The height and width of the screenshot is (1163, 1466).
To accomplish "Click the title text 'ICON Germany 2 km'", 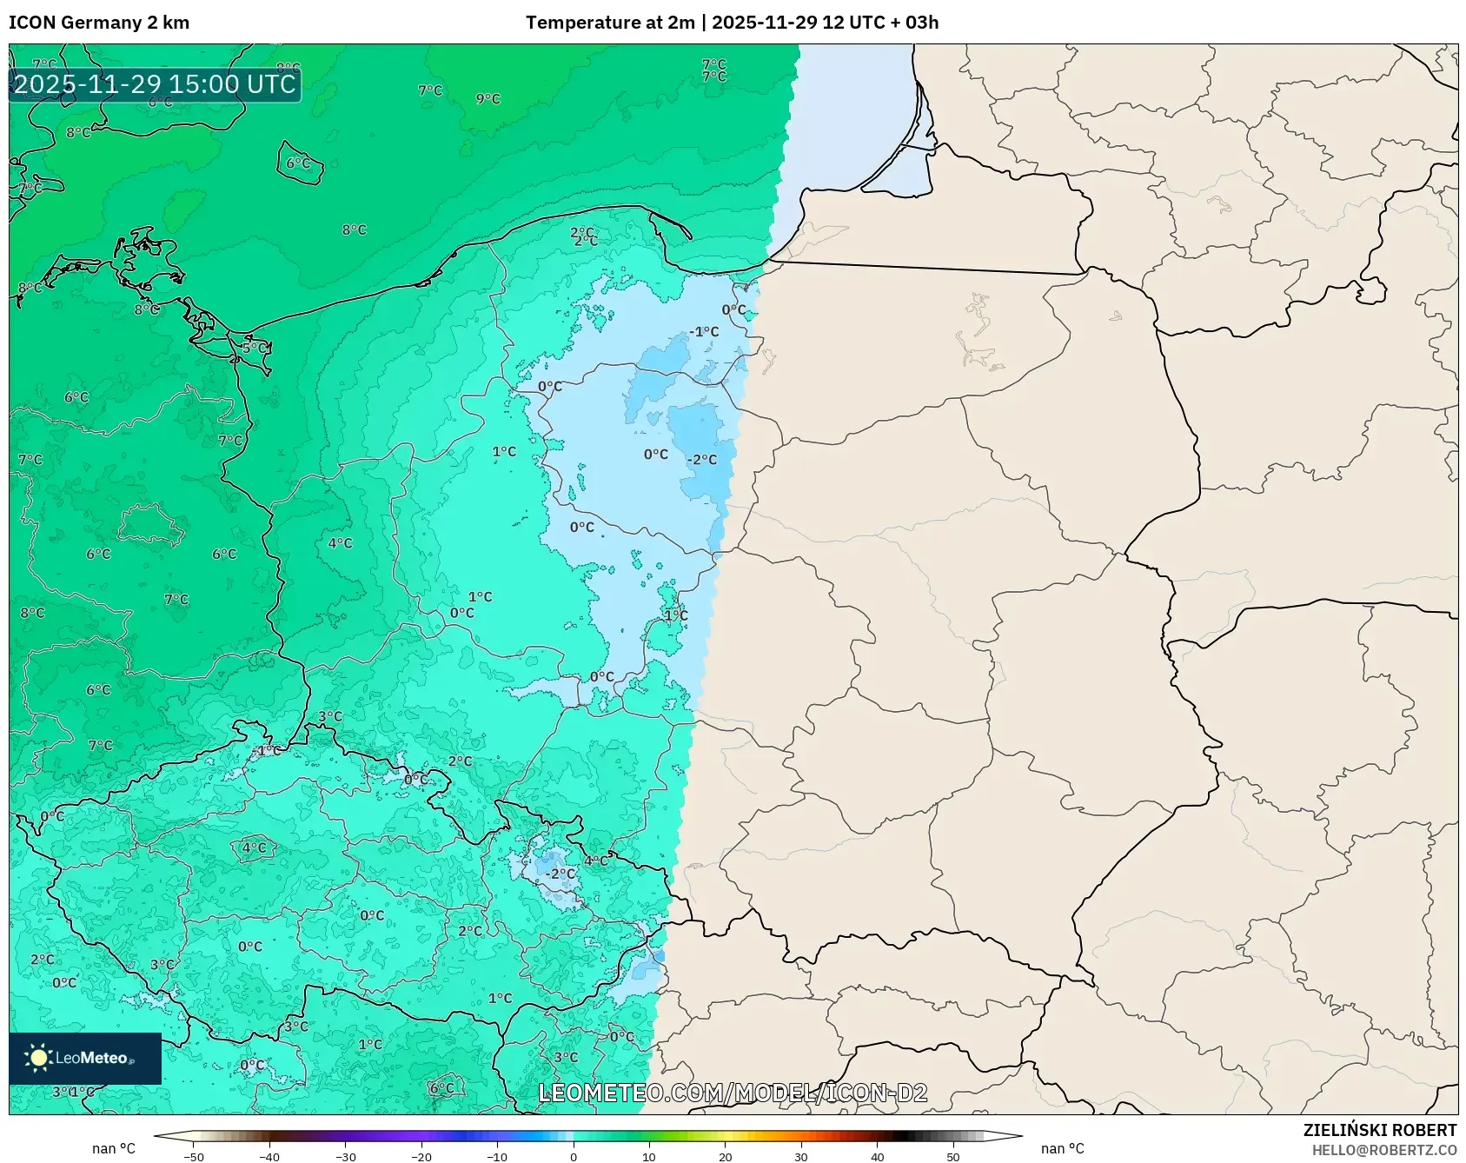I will [99, 23].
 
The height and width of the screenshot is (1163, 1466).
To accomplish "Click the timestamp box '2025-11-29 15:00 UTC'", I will [155, 84].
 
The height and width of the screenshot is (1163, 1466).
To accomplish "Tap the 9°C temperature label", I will [488, 99].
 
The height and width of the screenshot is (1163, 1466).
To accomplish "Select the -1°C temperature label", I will [705, 332].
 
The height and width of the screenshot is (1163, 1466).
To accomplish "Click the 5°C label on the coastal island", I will [255, 349].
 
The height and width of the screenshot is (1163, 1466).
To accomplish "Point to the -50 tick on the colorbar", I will [194, 1156].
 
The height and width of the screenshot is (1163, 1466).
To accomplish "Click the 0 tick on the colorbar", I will [574, 1156].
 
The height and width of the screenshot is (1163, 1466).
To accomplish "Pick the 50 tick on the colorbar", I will [953, 1156].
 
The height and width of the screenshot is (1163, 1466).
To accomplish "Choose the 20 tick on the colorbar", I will [726, 1156].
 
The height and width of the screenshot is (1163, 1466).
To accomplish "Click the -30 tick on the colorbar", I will [346, 1156].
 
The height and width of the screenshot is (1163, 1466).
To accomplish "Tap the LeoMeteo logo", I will [85, 1058].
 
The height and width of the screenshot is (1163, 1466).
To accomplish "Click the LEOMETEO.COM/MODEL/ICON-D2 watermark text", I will [733, 1093].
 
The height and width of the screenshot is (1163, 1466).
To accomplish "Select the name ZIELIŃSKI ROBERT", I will [1379, 1130].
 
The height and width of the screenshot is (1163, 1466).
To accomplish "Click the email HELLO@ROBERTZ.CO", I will [1383, 1150].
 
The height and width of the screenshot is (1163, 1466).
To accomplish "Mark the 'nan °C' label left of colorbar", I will [114, 1148].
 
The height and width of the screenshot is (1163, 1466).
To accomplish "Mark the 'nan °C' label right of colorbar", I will [1062, 1148].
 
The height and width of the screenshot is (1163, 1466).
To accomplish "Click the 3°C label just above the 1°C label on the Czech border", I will [329, 717].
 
